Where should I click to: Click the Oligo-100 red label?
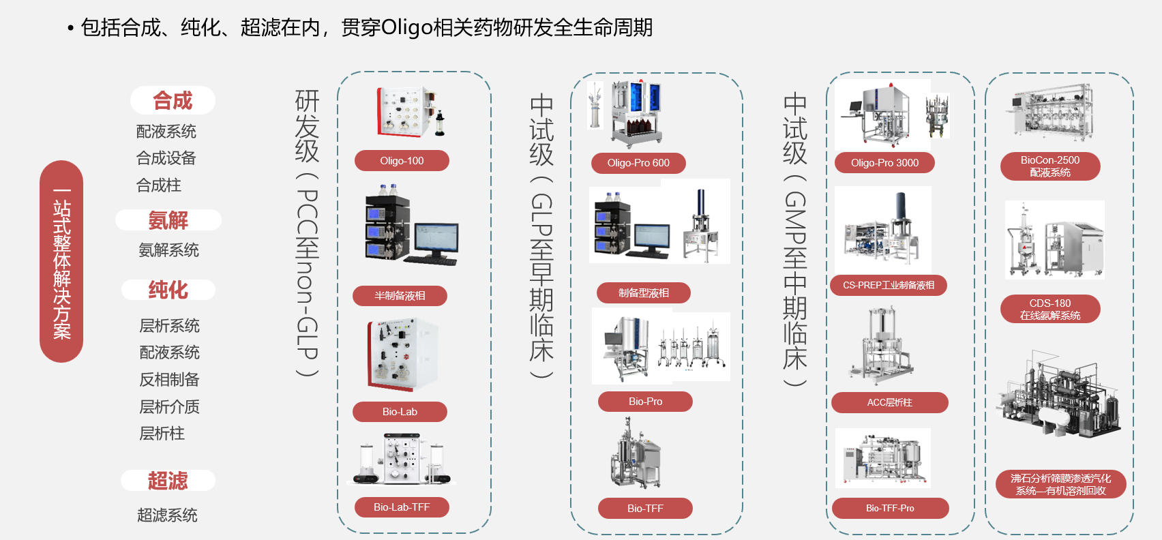click(x=402, y=161)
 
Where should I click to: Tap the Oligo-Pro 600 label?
click(x=638, y=163)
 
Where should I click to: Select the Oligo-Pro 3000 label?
click(x=884, y=163)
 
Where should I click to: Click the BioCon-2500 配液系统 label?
click(x=1050, y=166)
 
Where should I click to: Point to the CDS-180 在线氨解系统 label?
click(x=1050, y=309)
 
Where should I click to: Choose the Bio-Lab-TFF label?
click(x=402, y=507)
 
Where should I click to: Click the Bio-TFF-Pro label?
click(x=890, y=509)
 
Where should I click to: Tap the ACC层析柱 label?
click(x=890, y=402)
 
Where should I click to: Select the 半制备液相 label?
click(x=400, y=296)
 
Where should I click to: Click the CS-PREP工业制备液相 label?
click(x=888, y=285)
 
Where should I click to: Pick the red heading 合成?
click(x=173, y=100)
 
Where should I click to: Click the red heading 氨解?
click(x=168, y=220)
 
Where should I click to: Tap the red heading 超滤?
click(x=168, y=481)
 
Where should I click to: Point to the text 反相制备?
click(x=170, y=380)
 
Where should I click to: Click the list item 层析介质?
click(x=170, y=406)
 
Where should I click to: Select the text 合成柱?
click(x=159, y=185)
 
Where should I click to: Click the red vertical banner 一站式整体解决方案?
click(x=61, y=261)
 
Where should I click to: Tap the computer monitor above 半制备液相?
click(x=436, y=240)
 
